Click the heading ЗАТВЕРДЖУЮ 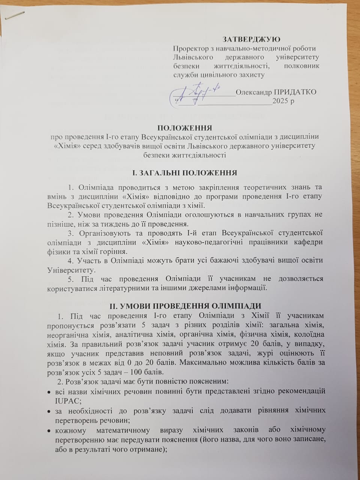tap(251, 39)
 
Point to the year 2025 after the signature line tap(280, 101)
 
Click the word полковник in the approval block tap(302, 66)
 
